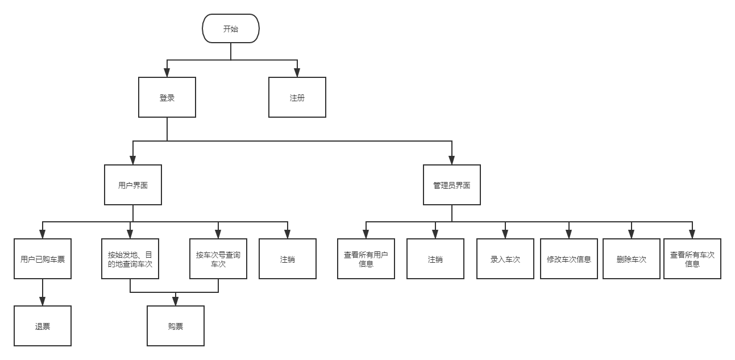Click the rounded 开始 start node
(231, 28)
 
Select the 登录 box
(167, 97)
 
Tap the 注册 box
(297, 97)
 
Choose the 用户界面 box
(133, 185)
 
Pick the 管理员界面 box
(452, 185)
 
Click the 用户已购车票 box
(43, 259)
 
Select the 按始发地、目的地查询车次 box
(130, 259)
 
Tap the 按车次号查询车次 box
(218, 259)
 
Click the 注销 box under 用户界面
(288, 259)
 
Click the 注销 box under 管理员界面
(435, 259)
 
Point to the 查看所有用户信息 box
(366, 259)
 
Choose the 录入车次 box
(505, 259)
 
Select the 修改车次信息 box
(569, 259)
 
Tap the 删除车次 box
(632, 259)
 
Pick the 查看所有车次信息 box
(692, 259)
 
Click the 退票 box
(43, 326)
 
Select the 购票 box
(176, 326)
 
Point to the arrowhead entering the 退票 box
(43, 301)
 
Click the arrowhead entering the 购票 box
(176, 301)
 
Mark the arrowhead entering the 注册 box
(297, 73)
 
